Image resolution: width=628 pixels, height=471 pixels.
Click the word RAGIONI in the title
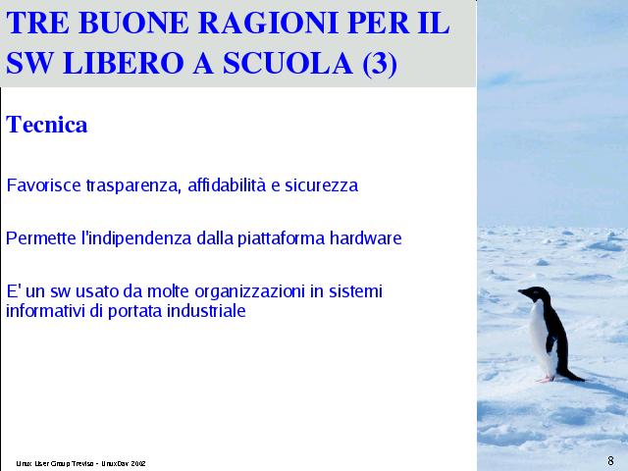(x=269, y=23)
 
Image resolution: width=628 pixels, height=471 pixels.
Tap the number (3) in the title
(x=380, y=63)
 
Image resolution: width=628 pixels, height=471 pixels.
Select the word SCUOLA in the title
(x=288, y=63)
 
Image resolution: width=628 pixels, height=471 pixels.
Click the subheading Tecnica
(x=46, y=125)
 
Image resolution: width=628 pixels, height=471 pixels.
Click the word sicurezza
(x=321, y=185)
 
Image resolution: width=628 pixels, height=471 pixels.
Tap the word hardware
(x=366, y=237)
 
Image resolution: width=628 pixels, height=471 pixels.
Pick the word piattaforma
(x=281, y=238)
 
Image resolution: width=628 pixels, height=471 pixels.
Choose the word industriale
(x=206, y=311)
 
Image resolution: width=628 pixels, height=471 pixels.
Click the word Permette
(x=41, y=238)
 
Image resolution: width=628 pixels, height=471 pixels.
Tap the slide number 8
(x=610, y=461)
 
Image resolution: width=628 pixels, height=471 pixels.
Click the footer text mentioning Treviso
(x=80, y=463)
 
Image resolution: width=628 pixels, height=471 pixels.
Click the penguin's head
(x=535, y=293)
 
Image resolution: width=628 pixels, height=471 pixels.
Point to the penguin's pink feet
(x=546, y=379)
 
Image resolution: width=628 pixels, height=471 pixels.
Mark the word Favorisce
(x=43, y=185)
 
